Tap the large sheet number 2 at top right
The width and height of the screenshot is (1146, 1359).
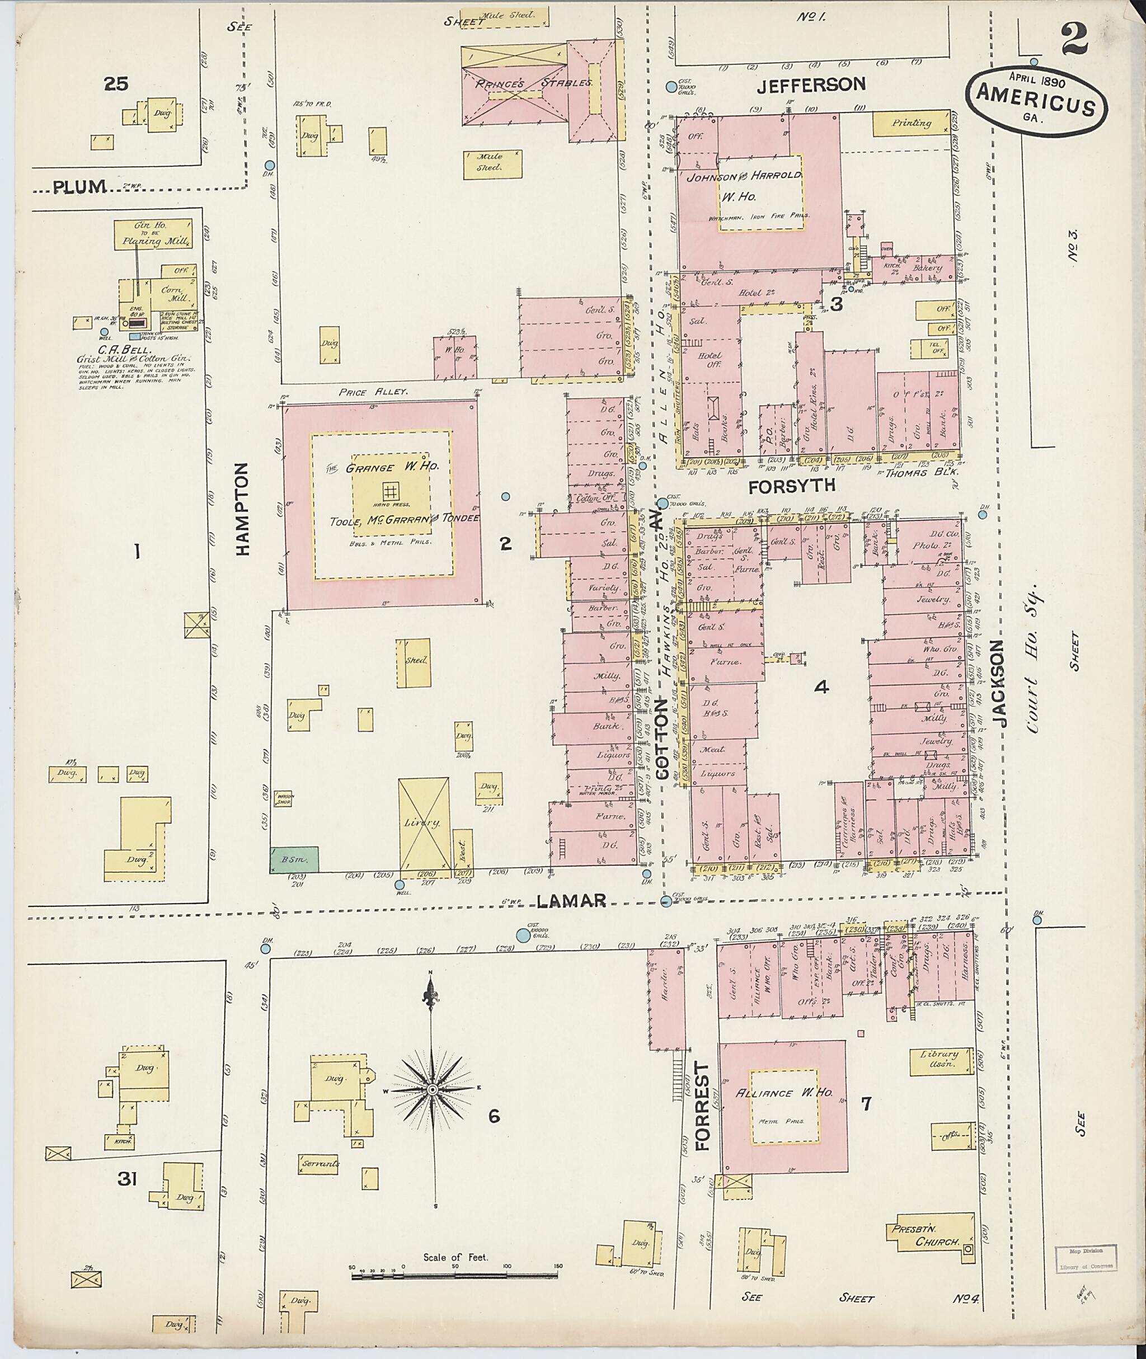click(1077, 40)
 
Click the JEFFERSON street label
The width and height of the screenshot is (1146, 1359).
click(812, 84)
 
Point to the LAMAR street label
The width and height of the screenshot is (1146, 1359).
click(572, 900)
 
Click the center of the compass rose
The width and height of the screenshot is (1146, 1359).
click(432, 1089)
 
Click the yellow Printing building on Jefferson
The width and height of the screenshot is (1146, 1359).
click(911, 123)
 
